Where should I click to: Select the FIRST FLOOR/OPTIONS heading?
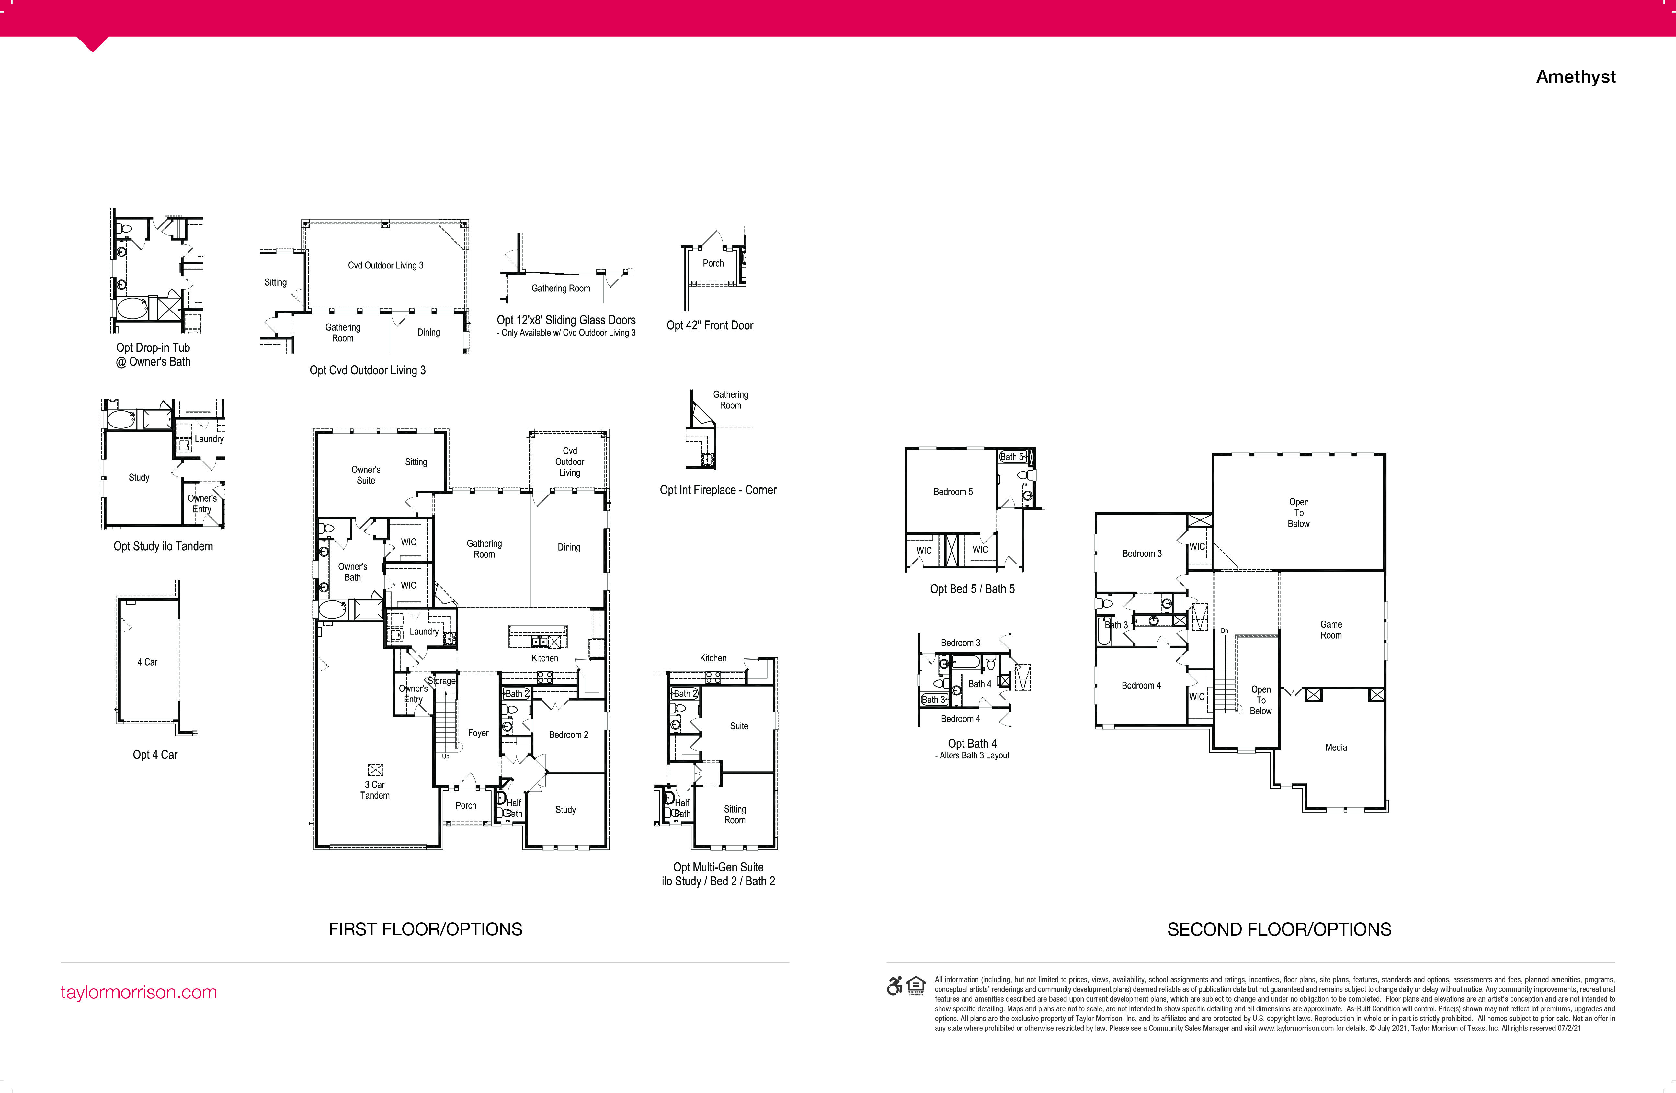pyautogui.click(x=425, y=929)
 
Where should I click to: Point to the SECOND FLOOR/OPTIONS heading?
pyautogui.click(x=1279, y=929)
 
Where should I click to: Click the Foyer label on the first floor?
pyautogui.click(x=478, y=733)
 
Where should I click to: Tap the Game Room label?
pyautogui.click(x=1331, y=630)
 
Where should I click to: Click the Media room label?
pyautogui.click(x=1336, y=747)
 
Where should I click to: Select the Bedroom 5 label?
pyautogui.click(x=953, y=492)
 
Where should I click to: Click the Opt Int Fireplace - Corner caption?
pyautogui.click(x=718, y=490)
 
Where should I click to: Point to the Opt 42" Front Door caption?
pyautogui.click(x=710, y=325)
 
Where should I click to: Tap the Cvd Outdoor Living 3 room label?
pyautogui.click(x=385, y=266)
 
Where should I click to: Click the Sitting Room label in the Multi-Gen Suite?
pyautogui.click(x=735, y=815)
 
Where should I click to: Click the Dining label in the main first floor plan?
pyautogui.click(x=569, y=547)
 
